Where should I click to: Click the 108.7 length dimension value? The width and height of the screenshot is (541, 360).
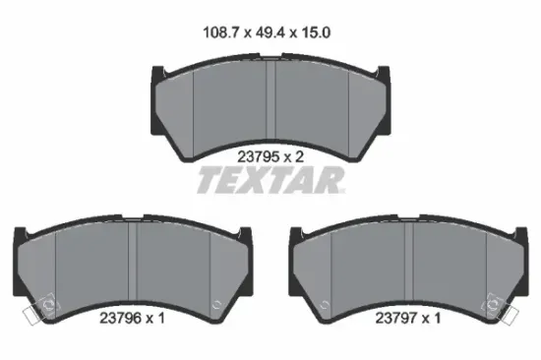click(x=222, y=32)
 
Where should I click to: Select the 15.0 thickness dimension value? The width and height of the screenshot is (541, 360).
click(x=316, y=32)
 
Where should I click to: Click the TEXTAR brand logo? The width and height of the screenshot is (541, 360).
click(x=270, y=180)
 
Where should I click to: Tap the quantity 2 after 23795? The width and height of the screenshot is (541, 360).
click(x=299, y=157)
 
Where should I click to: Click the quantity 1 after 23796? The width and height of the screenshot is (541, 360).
click(x=161, y=318)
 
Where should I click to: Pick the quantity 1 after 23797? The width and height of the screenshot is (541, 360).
click(x=437, y=318)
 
